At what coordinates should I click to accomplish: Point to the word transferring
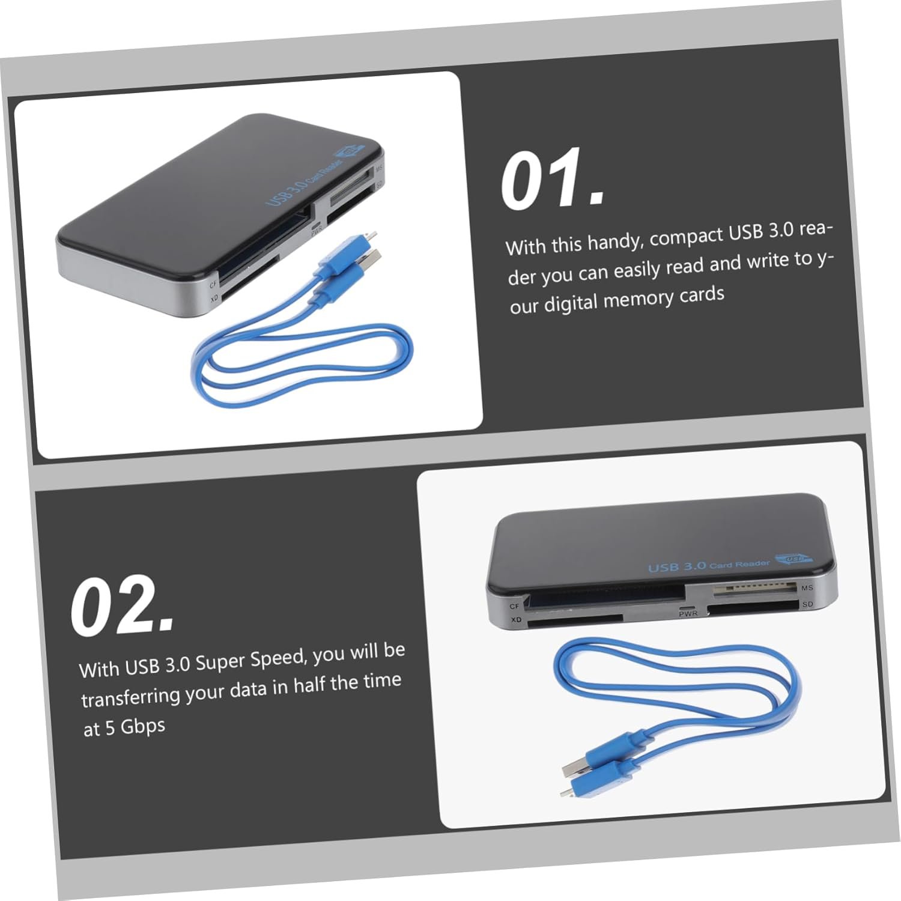(x=130, y=696)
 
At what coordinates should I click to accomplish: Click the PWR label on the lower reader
(x=688, y=614)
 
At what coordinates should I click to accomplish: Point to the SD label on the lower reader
(x=807, y=604)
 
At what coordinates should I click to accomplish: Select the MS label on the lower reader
(x=807, y=587)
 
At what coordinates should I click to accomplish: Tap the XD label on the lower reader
(x=515, y=619)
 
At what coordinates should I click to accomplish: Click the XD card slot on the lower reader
(x=575, y=621)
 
